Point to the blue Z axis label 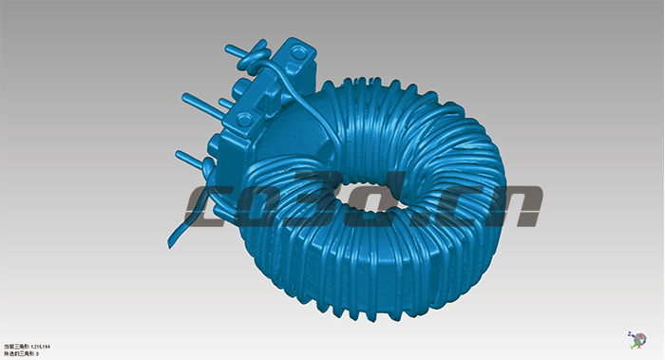click(x=630, y=333)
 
